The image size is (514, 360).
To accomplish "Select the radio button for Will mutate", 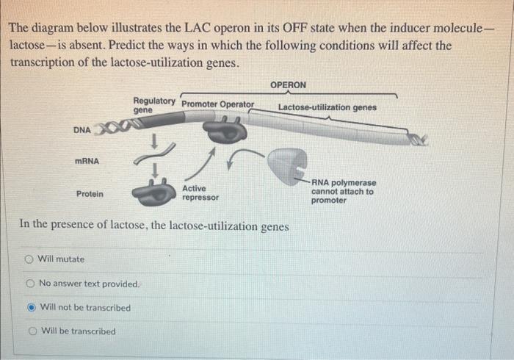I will click(29, 259).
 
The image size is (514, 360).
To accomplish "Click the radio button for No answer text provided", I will click(31, 284).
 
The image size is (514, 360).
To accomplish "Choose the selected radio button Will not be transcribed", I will click(32, 308).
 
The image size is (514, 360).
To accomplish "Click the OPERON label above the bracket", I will click(288, 85).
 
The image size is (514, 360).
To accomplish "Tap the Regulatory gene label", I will click(153, 104).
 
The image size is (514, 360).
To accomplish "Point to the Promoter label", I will click(200, 104).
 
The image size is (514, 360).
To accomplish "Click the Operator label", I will click(237, 104).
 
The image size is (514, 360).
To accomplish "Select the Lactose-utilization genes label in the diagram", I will click(327, 107).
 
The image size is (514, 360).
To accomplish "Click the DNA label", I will click(82, 130).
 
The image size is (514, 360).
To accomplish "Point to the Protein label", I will click(90, 194).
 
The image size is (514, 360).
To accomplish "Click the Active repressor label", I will click(200, 192).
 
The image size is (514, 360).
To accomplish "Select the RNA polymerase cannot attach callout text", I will click(342, 191).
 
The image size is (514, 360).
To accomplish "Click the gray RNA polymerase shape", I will click(285, 166).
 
